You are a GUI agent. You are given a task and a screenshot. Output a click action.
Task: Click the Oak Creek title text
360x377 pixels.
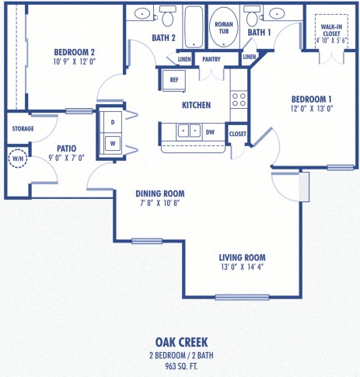[x=180, y=341]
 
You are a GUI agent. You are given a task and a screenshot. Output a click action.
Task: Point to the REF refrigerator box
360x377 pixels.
[x=170, y=79]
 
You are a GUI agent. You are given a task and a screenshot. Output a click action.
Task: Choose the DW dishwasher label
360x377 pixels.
[x=210, y=132]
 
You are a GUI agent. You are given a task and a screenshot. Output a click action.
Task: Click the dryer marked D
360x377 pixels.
[x=112, y=122]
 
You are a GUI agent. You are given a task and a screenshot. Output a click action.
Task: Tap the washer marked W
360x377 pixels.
[x=112, y=142]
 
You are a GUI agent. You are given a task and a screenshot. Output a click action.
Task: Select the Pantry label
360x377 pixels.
[x=211, y=59]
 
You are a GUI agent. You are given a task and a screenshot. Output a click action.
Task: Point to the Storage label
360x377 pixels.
[x=22, y=128]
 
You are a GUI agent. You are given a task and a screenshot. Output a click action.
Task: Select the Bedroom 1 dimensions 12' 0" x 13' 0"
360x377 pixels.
[x=312, y=110]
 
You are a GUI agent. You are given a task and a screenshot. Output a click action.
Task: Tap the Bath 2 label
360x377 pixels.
[x=163, y=37]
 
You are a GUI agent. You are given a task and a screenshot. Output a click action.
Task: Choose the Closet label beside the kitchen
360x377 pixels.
[x=238, y=134]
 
